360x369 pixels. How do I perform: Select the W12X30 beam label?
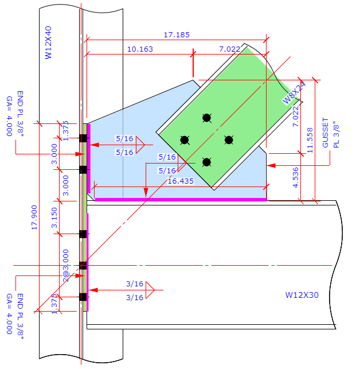302,295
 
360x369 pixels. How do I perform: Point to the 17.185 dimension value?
177,35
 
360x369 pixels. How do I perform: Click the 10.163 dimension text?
140,49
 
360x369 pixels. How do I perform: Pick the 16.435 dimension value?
181,181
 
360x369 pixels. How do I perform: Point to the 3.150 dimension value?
55,217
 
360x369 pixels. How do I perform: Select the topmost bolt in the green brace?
206,118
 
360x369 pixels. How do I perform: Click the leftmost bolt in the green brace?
185,140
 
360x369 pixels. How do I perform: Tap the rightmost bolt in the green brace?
228,140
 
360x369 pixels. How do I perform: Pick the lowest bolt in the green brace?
206,162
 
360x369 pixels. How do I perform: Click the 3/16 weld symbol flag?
151,290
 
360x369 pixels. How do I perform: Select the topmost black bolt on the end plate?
83,138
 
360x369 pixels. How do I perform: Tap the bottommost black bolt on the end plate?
83,297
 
